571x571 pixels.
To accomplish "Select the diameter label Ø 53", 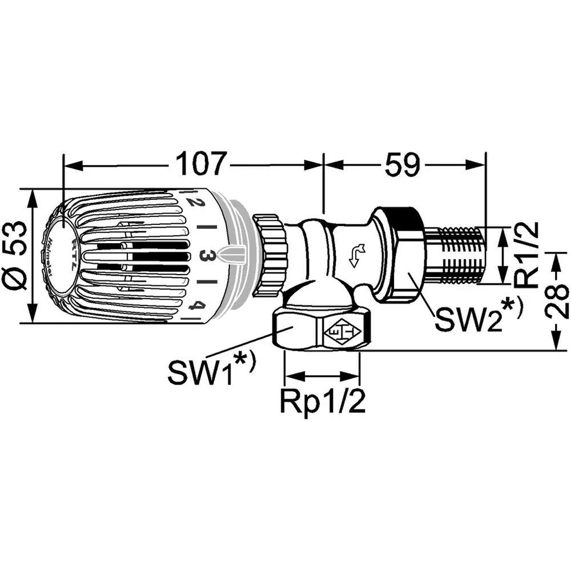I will (x=15, y=255).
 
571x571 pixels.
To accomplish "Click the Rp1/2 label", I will (x=322, y=403).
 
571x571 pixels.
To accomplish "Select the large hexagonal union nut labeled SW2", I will (x=400, y=254).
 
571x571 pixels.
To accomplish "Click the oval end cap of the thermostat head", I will (x=59, y=255).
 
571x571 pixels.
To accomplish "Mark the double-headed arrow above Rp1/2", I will (x=322, y=376).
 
